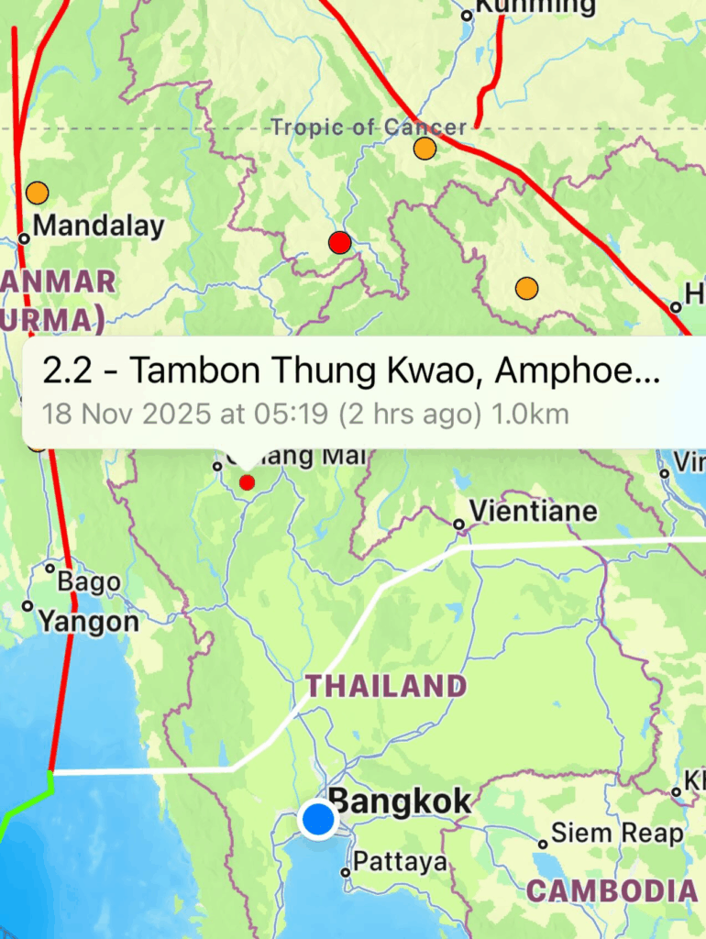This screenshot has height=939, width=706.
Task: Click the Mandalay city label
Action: tap(98, 226)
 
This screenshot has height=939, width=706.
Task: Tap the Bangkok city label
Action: tap(400, 801)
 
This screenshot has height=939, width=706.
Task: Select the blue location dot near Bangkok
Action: tap(318, 818)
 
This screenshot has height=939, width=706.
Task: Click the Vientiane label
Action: tap(533, 510)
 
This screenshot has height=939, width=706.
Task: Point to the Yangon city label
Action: tap(88, 623)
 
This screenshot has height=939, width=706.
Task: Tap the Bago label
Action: tap(88, 581)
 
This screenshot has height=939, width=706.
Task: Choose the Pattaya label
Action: tap(400, 862)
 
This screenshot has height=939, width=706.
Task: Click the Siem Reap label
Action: tap(617, 834)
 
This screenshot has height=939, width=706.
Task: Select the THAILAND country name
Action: tap(386, 686)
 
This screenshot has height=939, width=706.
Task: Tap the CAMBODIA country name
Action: tap(612, 890)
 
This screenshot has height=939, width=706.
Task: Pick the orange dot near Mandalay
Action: tap(37, 193)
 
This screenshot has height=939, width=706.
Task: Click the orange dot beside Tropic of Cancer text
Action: tap(425, 149)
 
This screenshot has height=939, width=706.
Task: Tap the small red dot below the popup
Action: tap(247, 482)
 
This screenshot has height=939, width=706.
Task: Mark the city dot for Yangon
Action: tap(28, 606)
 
